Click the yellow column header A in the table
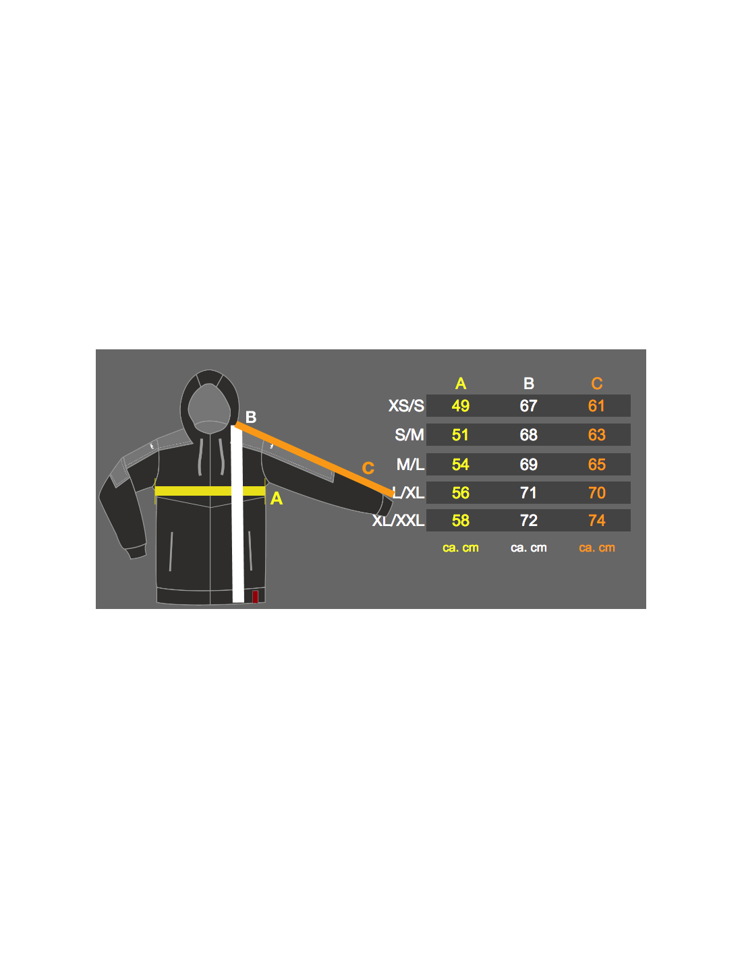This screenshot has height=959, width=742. (461, 384)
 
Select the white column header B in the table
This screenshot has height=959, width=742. (529, 384)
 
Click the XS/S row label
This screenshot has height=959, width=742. (406, 405)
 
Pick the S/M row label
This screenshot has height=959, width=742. (409, 435)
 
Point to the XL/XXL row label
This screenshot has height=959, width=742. (398, 521)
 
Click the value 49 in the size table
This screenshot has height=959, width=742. (461, 405)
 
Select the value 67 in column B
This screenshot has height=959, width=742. (529, 405)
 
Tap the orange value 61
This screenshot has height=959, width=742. (596, 405)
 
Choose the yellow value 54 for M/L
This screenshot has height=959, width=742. (461, 464)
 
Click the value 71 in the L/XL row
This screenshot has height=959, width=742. (529, 492)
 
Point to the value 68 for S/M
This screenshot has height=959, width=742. (529, 435)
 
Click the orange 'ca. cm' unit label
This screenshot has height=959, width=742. (597, 548)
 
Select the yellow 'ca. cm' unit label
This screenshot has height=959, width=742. (461, 548)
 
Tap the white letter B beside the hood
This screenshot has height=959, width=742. (251, 417)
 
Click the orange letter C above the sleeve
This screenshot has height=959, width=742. (368, 468)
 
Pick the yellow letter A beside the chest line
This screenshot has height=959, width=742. (277, 498)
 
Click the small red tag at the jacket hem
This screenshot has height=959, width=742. (255, 597)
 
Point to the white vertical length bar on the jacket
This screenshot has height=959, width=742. (237, 514)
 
